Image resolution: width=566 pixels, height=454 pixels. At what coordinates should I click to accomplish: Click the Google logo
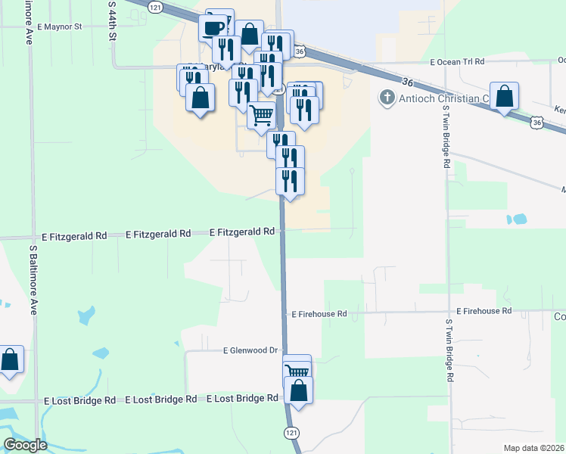[x=25, y=445]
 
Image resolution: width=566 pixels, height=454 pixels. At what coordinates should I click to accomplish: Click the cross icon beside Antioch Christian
[x=387, y=98]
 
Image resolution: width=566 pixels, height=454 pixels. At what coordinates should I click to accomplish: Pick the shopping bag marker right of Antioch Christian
[x=504, y=96]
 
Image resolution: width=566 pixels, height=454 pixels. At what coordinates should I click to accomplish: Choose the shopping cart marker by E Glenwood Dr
[x=297, y=370]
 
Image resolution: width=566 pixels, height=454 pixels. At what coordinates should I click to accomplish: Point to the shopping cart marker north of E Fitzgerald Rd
[x=261, y=115]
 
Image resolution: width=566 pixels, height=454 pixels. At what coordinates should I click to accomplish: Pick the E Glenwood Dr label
[x=250, y=350]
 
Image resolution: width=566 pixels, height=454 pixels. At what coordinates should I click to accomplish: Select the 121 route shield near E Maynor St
[x=155, y=6]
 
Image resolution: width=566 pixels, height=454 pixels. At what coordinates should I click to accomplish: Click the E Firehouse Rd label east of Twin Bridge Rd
[x=484, y=311]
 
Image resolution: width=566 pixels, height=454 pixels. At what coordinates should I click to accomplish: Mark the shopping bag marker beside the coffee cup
[x=248, y=34]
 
